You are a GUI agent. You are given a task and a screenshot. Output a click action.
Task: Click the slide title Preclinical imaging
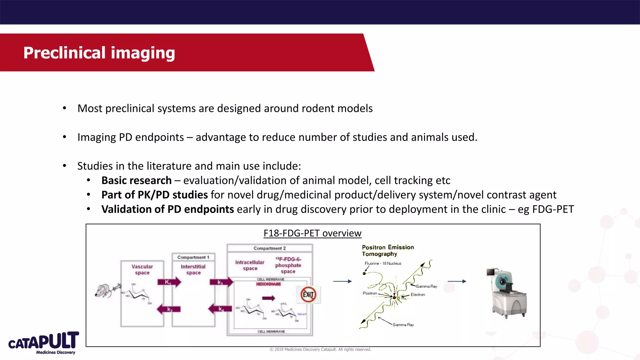point(99,52)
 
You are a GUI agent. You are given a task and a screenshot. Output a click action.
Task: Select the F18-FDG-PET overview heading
point(312,233)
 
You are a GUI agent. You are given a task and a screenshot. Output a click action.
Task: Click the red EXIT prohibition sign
point(308,294)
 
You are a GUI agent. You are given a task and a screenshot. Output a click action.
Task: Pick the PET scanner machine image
point(507,293)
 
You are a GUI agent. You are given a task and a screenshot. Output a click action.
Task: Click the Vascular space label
point(142,269)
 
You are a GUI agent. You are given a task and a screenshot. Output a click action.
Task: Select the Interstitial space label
point(193,269)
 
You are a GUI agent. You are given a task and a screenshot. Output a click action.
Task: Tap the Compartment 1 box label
point(193,257)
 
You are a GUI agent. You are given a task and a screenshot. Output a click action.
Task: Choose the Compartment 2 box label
point(269,248)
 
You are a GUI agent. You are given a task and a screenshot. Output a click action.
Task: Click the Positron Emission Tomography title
point(387,251)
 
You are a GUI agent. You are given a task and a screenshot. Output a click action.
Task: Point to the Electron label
point(417,295)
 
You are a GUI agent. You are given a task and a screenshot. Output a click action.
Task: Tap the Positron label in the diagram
point(370,293)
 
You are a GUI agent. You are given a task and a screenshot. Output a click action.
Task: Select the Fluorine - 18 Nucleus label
point(383,263)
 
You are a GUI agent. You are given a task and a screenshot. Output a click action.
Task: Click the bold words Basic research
point(137,180)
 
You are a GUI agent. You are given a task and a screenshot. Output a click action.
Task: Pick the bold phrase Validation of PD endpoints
point(167,209)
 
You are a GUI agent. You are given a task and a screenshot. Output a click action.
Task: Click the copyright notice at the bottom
point(320,349)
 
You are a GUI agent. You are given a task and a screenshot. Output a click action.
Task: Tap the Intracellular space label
point(250,265)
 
